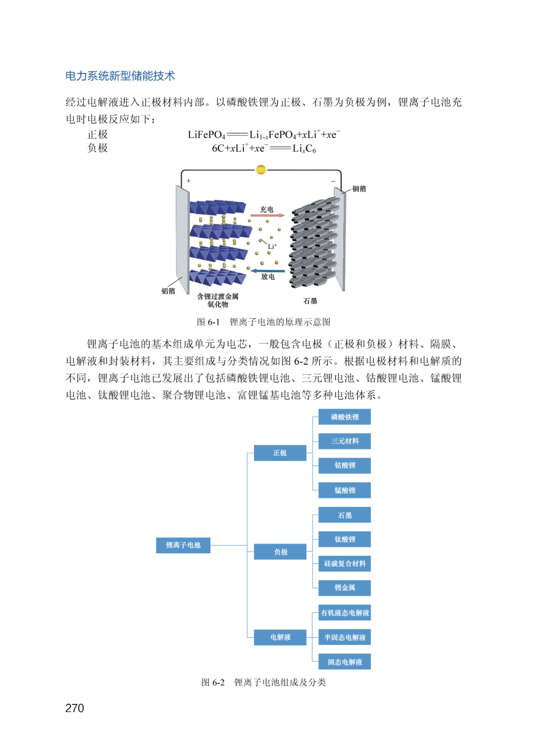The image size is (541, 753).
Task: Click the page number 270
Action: [x=75, y=708]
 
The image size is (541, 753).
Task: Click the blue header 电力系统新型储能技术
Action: [x=120, y=76]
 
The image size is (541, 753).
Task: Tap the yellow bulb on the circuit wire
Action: [x=260, y=170]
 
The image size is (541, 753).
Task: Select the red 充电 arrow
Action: [x=267, y=216]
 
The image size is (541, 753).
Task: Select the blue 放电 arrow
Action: [x=267, y=271]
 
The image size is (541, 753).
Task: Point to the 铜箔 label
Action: [x=359, y=189]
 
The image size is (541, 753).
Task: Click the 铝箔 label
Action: [x=168, y=291]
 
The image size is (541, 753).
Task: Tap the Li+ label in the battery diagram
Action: [x=272, y=247]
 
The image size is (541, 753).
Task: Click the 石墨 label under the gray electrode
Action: [x=310, y=301]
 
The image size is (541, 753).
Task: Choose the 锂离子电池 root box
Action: [x=183, y=545]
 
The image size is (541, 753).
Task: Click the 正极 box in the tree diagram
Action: [x=280, y=453]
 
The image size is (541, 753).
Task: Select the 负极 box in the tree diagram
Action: [x=280, y=552]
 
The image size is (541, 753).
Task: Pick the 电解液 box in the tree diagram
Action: [x=280, y=637]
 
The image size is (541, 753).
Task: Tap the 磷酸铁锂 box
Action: [x=345, y=417]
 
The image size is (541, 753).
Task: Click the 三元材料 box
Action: [x=345, y=441]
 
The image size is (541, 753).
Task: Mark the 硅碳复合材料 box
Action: [x=345, y=563]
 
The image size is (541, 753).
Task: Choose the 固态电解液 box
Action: [x=345, y=662]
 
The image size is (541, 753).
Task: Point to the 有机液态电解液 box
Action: [x=345, y=613]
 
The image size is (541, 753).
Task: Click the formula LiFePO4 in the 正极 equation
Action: [x=206, y=135]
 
